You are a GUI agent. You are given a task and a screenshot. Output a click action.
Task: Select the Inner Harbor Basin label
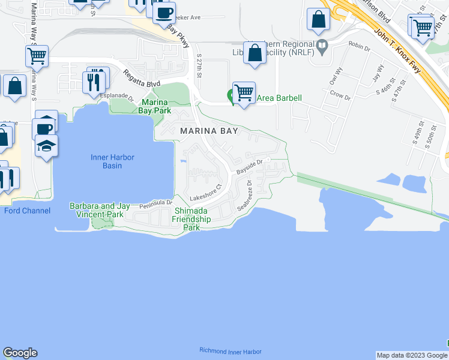tap(112, 161)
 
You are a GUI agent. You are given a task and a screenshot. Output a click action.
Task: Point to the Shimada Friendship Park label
tap(191, 219)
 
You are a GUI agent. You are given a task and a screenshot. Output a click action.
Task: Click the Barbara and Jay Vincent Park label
tap(100, 210)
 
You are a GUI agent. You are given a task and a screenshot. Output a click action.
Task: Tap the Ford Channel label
tap(27, 211)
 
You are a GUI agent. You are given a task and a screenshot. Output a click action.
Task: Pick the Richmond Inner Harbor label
tap(230, 350)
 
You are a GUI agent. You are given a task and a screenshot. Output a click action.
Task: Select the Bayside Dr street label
tap(250, 166)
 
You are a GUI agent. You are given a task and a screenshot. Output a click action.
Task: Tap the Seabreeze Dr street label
tap(247, 196)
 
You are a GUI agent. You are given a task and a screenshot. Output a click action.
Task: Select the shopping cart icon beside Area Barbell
tap(243, 93)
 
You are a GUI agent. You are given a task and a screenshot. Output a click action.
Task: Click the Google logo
tap(20, 353)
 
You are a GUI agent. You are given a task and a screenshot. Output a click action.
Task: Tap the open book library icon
tap(322, 46)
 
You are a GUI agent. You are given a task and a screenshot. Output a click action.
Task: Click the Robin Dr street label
tap(359, 46)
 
